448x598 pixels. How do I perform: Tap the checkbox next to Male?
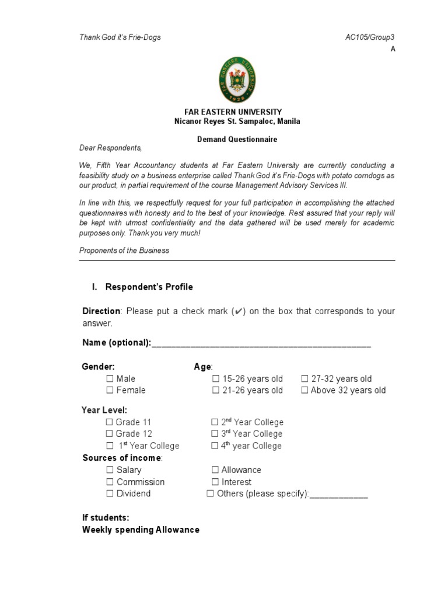pos(110,379)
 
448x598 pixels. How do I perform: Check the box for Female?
pos(110,391)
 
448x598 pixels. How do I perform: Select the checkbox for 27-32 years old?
pos(304,379)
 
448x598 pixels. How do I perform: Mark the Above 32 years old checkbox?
pos(304,391)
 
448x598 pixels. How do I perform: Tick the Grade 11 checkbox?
pos(110,422)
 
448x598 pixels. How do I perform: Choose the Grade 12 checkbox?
pos(110,434)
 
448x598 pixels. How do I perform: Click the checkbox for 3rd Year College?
pos(215,434)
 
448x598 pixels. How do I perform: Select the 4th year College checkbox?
pos(215,446)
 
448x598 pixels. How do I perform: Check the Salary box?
pos(110,470)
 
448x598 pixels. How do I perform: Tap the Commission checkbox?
pos(110,482)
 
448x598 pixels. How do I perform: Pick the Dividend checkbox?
pos(110,494)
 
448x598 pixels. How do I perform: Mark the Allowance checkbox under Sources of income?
pos(215,470)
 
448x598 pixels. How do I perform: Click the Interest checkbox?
pos(215,482)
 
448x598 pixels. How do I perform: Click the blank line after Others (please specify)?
pos(338,495)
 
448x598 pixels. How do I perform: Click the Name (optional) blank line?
pos(261,345)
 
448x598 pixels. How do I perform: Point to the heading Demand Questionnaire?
pos(236,140)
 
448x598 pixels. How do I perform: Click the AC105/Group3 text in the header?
pos(370,37)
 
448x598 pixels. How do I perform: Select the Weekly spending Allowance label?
pos(141,530)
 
